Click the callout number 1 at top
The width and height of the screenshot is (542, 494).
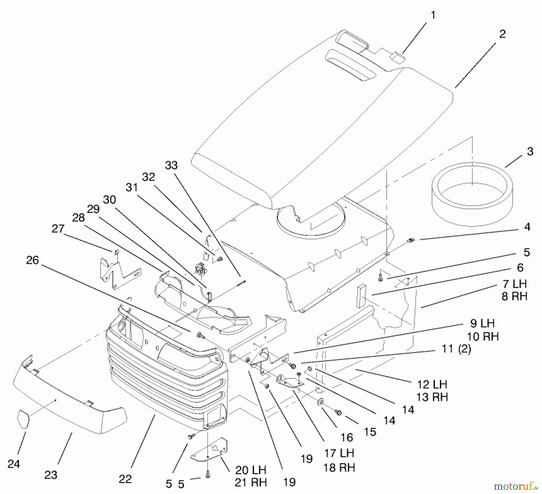click(x=433, y=15)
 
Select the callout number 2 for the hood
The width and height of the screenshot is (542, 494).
click(x=502, y=34)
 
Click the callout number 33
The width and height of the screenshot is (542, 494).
click(x=171, y=165)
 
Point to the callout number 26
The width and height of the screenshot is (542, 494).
click(x=33, y=260)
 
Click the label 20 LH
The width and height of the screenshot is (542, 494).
click(x=251, y=470)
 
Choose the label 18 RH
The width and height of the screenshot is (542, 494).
click(x=339, y=467)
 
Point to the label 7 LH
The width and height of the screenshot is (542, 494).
click(x=514, y=283)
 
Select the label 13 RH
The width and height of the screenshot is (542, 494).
click(x=432, y=397)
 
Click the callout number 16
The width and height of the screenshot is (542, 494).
click(x=347, y=437)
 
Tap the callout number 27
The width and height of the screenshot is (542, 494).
click(x=58, y=229)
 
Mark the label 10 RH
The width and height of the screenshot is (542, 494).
click(x=483, y=336)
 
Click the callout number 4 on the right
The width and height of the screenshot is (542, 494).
click(x=527, y=227)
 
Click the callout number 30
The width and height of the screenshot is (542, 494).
click(x=109, y=200)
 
